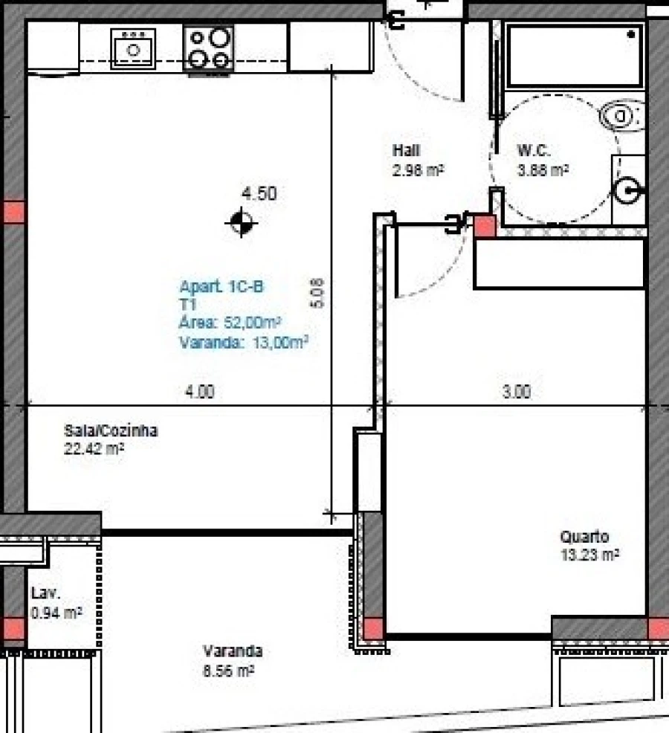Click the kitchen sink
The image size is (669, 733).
pyautogui.click(x=134, y=49)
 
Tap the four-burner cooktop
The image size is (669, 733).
pyautogui.click(x=208, y=49)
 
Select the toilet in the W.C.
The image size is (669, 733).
pyautogui.click(x=621, y=116)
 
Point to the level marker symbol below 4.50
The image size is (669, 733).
pyautogui.click(x=242, y=222)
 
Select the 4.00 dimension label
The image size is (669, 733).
pyautogui.click(x=199, y=392)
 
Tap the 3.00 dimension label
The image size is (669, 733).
pyautogui.click(x=516, y=392)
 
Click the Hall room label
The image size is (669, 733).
pyautogui.click(x=406, y=151)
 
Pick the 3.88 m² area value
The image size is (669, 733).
pyautogui.click(x=543, y=169)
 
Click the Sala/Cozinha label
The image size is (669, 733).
pyautogui.click(x=111, y=431)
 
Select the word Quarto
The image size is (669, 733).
pyautogui.click(x=584, y=537)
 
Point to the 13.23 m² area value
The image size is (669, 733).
pyautogui.click(x=590, y=554)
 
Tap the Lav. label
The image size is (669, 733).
pyautogui.click(x=45, y=593)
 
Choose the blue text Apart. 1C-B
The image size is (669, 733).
pyautogui.click(x=221, y=287)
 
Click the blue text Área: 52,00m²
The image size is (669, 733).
pyautogui.click(x=229, y=323)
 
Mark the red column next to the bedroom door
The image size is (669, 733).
pyautogui.click(x=485, y=226)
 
